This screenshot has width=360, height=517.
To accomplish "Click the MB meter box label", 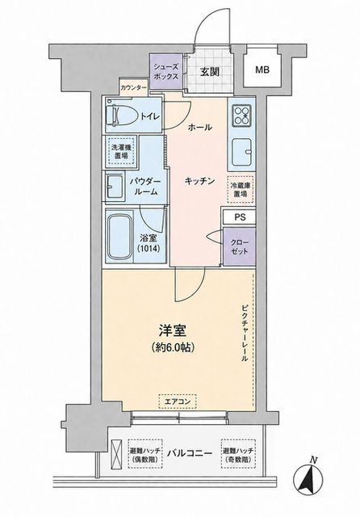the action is coord(262,69).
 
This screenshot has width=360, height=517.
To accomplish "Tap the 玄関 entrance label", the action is coord(210,72).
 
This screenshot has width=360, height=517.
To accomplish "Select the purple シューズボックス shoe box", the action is coord(166,71).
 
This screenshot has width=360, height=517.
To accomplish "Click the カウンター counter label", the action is coord(133,88).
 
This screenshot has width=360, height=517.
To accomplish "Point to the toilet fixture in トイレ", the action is coord(121,116).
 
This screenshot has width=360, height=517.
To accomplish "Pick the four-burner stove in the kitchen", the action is coord(242,116).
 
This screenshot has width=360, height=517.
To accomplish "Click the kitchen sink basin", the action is coord(242,152).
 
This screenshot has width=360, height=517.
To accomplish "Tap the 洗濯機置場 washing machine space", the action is coord(122,152).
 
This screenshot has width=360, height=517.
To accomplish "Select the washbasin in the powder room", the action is coord(115,187).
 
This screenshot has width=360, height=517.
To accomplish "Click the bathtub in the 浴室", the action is coord(119,237).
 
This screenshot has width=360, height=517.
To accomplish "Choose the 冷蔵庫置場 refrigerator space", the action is coord(241,190).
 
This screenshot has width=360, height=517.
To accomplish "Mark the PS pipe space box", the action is coord(239,217).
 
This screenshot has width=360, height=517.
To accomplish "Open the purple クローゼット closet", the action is coord(240,246).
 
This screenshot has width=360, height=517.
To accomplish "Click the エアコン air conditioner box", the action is coord(178,401).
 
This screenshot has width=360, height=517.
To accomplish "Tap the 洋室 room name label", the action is coord(173,331).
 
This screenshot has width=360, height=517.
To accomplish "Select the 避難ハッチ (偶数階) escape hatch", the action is coord(145,454).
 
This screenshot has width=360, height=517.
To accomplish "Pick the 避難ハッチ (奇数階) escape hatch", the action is coord(239,454).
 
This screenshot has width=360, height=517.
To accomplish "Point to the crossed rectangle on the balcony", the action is coord(116,454).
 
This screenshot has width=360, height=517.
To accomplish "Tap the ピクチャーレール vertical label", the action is coord(245,334).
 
